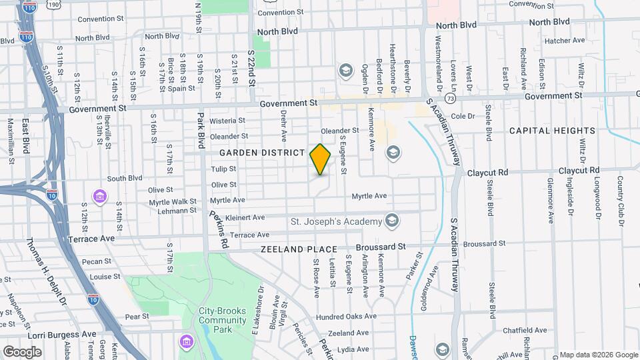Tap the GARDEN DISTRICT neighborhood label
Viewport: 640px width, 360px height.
click(261, 153)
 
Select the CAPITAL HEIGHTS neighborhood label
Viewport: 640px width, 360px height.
click(552, 131)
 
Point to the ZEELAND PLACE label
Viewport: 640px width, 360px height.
click(299, 249)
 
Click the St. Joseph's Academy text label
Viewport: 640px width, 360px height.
click(337, 221)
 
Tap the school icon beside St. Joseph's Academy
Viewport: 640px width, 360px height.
click(392, 221)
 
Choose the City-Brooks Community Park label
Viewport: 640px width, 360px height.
click(223, 315)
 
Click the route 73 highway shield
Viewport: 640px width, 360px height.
click(451, 99)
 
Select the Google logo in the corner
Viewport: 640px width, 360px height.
click(22, 351)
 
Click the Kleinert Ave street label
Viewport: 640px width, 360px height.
click(245, 217)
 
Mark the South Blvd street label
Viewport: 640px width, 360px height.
click(125, 178)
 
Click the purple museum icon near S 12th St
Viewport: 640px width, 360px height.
click(100, 196)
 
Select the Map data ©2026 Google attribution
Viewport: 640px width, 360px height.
click(598, 355)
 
